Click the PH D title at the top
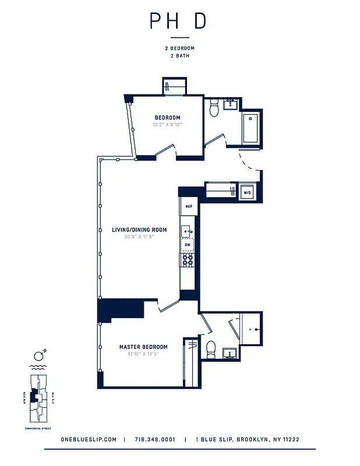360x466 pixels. click(x=178, y=21)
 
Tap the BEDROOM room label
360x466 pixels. click(x=167, y=118)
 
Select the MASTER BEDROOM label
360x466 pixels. click(x=143, y=347)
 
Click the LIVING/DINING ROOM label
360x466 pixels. click(x=139, y=230)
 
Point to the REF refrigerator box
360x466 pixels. click(x=189, y=207)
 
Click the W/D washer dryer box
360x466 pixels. click(x=247, y=192)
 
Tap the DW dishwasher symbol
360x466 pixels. click(x=187, y=245)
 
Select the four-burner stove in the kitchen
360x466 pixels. click(x=188, y=261)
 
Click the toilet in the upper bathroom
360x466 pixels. click(x=214, y=107)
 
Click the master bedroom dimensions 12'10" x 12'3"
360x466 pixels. click(x=143, y=354)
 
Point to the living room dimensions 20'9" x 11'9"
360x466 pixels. click(x=139, y=237)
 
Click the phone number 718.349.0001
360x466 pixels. click(x=154, y=440)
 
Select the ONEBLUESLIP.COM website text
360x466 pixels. click(x=89, y=440)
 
